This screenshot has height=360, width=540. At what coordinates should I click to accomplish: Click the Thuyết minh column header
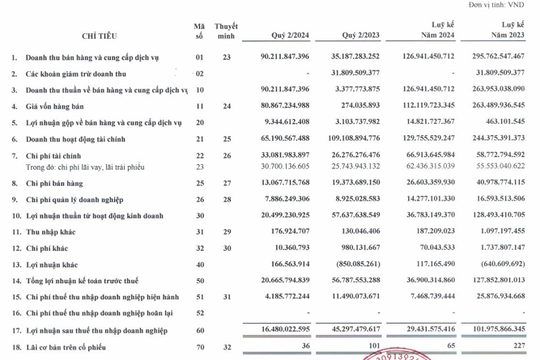(226, 32)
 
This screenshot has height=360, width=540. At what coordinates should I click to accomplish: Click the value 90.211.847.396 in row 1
(275, 57)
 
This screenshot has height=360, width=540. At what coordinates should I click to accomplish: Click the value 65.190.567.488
(275, 138)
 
